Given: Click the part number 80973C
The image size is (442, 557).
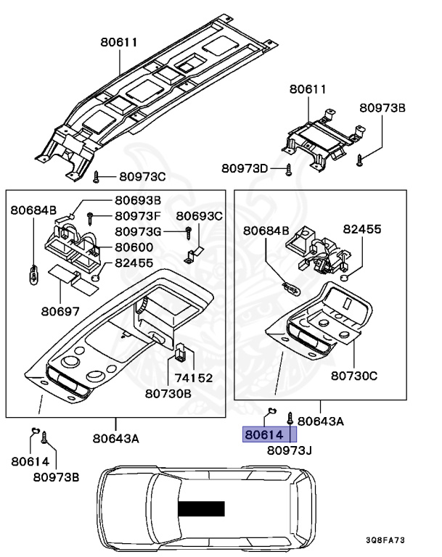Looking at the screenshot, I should [x=142, y=176].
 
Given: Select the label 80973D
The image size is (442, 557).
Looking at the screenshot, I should [x=245, y=168].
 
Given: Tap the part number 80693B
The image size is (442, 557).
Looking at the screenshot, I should [x=137, y=200].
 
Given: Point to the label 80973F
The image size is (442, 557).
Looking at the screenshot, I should [x=137, y=215].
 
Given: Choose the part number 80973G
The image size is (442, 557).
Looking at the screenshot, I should [x=137, y=231].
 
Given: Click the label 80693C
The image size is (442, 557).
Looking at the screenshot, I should [x=199, y=215].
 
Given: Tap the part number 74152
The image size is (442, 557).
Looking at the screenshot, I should [x=192, y=377].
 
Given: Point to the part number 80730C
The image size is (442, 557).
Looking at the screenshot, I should [x=354, y=376].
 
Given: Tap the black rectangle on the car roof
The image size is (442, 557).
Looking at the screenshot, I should [x=202, y=508].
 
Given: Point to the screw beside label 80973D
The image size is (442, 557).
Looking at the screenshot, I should [x=289, y=169].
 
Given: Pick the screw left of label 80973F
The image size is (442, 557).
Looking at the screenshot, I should [x=90, y=216].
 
